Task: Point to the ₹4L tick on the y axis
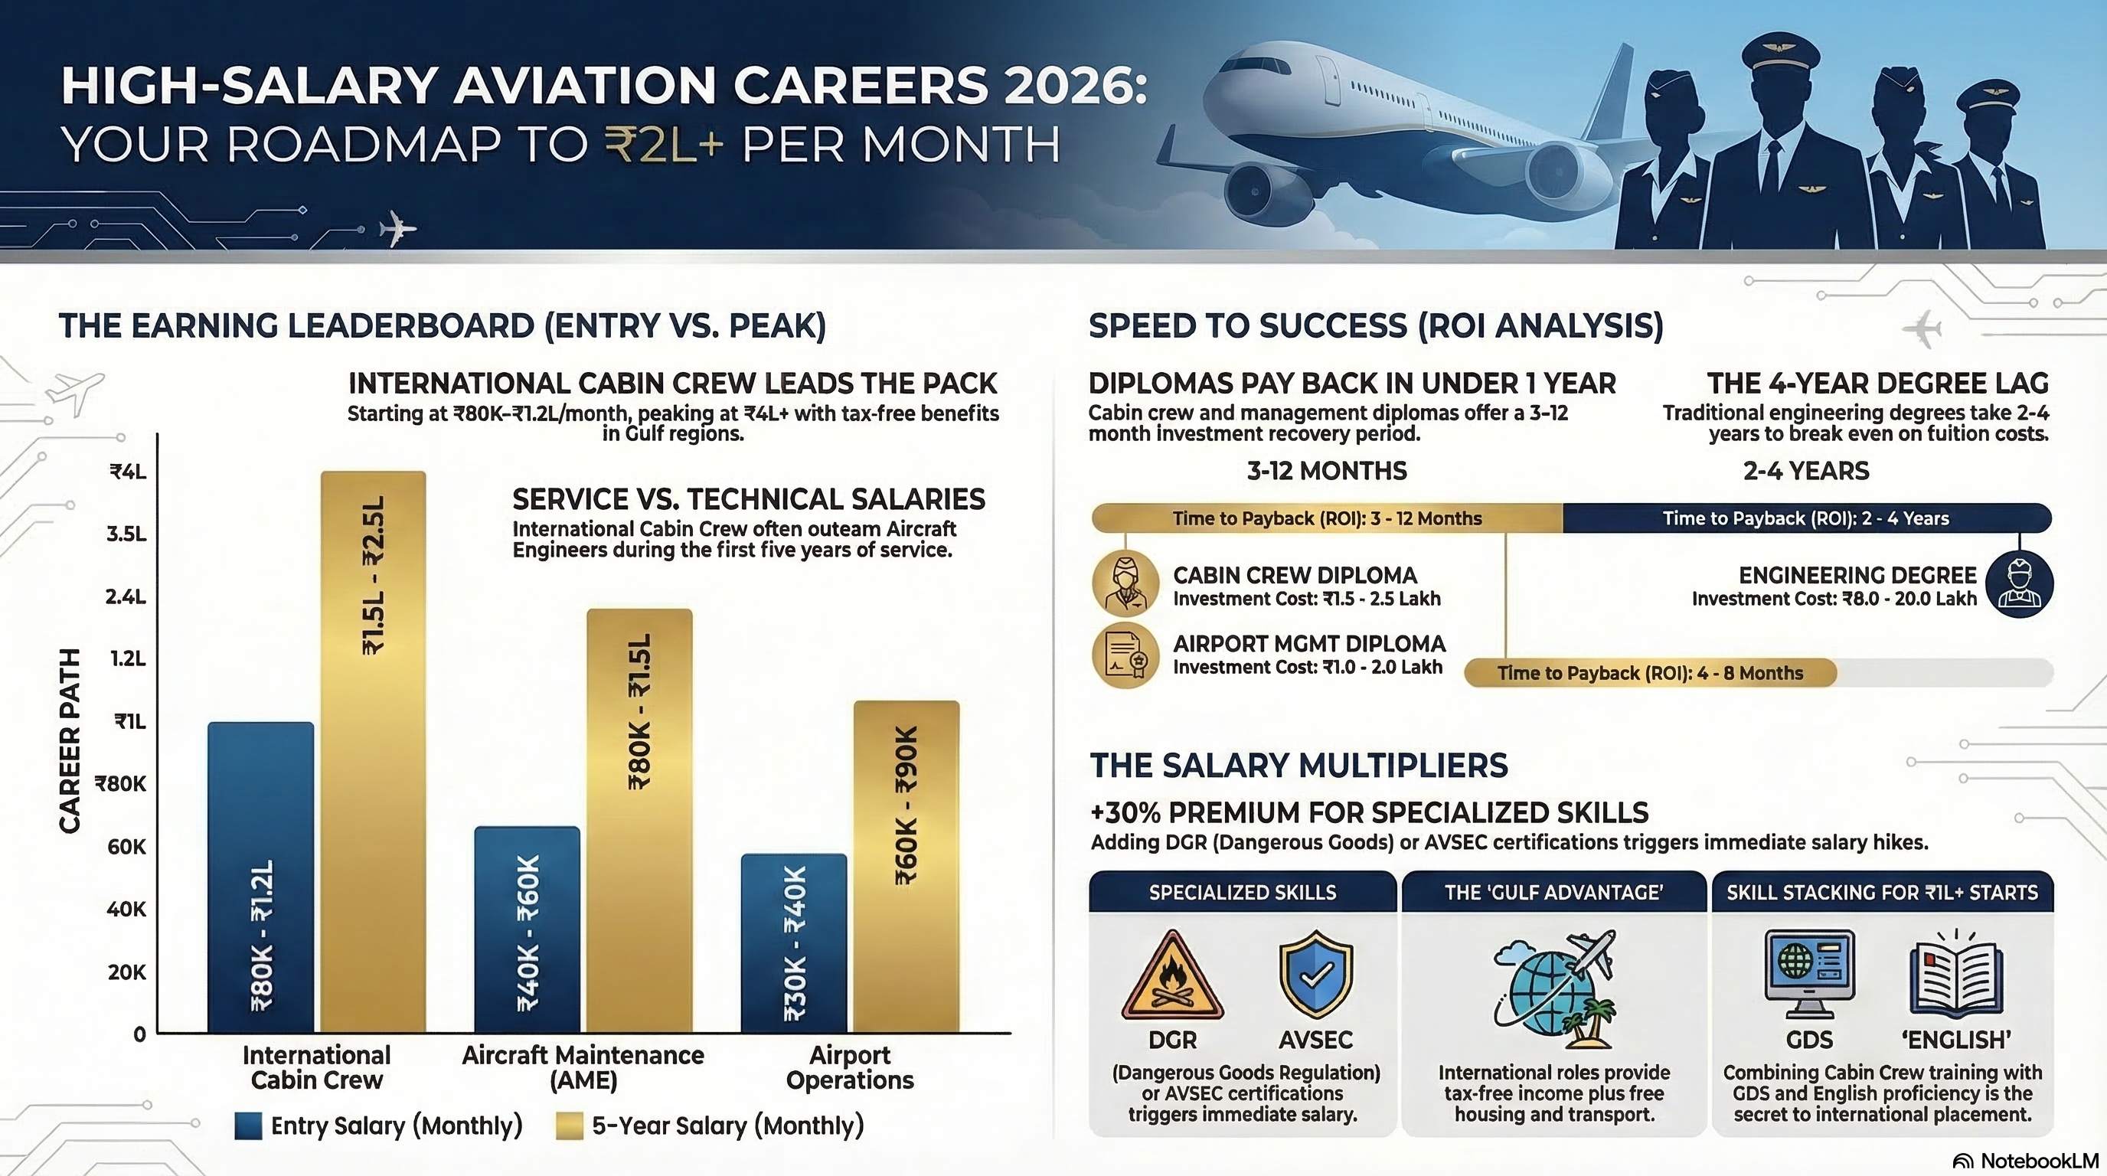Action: point(129,472)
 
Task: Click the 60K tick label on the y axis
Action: point(127,847)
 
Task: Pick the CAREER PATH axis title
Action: point(70,741)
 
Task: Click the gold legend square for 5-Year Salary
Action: point(570,1126)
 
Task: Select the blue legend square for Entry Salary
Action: point(248,1126)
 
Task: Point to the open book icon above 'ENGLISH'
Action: point(1955,977)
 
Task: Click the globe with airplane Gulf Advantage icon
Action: point(1554,988)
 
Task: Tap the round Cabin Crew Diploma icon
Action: point(1125,584)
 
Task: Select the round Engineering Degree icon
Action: point(2019,584)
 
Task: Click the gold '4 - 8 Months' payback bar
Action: point(1650,673)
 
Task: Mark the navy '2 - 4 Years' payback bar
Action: point(1806,518)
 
